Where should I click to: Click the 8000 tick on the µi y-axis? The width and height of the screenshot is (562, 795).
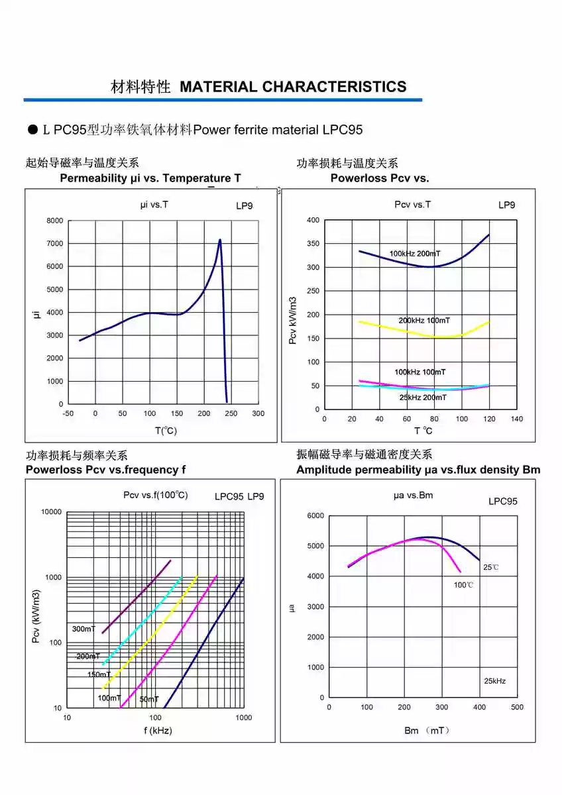[55, 221]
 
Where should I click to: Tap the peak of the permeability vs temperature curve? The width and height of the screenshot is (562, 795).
[220, 240]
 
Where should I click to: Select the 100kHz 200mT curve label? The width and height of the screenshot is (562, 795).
[415, 254]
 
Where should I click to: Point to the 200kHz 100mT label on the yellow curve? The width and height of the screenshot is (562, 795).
[424, 321]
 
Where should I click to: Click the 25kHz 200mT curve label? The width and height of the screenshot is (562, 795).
[423, 397]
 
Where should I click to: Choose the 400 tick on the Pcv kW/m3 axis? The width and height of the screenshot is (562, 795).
[313, 220]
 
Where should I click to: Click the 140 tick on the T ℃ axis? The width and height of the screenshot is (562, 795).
[517, 419]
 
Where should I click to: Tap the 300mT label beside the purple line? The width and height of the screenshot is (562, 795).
[84, 629]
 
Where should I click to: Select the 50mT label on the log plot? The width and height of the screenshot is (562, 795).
[149, 700]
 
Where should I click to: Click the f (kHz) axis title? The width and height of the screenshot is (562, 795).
[158, 731]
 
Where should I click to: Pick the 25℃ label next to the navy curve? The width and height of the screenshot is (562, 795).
[491, 568]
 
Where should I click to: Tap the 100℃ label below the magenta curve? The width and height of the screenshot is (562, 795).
[464, 585]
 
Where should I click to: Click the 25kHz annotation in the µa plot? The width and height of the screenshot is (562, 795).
[494, 681]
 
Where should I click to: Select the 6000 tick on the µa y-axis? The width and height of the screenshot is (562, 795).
[316, 515]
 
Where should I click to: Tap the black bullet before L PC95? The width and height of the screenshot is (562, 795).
[32, 130]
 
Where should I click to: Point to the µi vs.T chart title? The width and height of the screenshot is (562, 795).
[154, 205]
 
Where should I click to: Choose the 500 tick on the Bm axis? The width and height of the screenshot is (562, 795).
[517, 708]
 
